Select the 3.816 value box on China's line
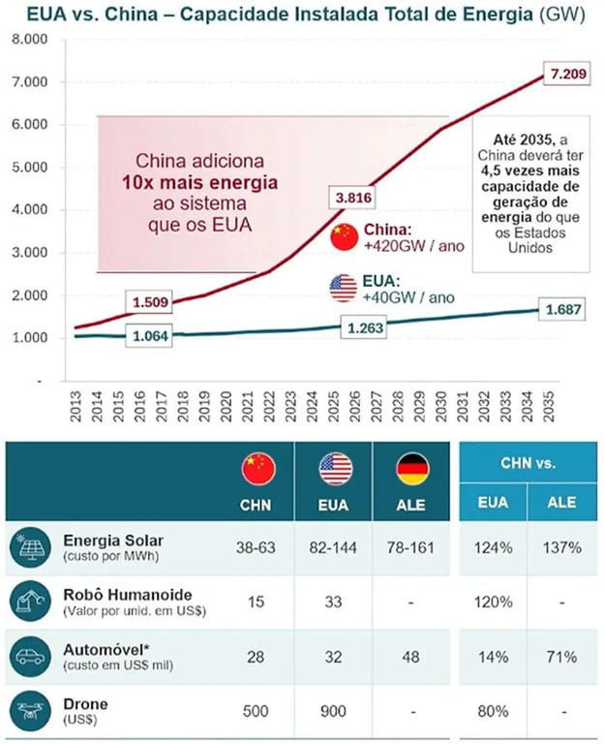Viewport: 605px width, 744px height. pyautogui.click(x=353, y=198)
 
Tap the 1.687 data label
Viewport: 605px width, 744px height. pyautogui.click(x=562, y=309)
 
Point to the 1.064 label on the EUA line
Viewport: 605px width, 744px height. pyautogui.click(x=150, y=337)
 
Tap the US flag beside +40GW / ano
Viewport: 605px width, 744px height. pyautogui.click(x=344, y=288)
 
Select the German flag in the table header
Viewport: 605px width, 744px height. pyautogui.click(x=412, y=469)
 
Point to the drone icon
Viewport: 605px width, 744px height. pyautogui.click(x=27, y=711)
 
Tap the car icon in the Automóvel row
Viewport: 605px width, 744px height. pyautogui.click(x=27, y=657)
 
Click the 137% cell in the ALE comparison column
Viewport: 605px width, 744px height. pyautogui.click(x=561, y=547)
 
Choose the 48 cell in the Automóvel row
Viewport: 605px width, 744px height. pyautogui.click(x=412, y=657)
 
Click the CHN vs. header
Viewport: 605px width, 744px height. pyautogui.click(x=528, y=463)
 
